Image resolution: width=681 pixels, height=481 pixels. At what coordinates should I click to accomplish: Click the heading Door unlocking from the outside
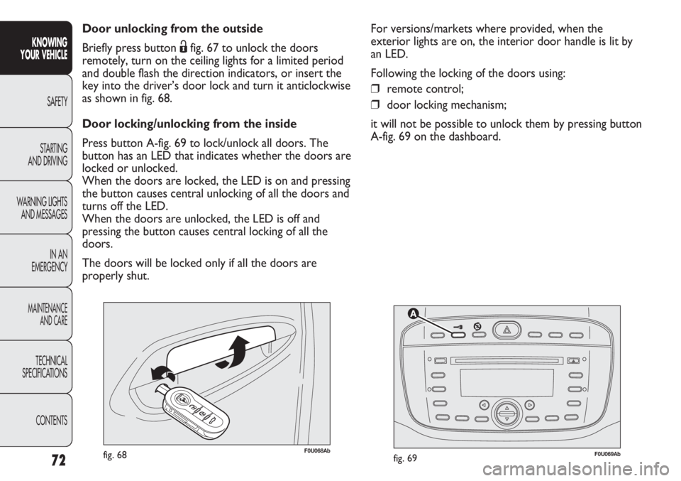[172, 28]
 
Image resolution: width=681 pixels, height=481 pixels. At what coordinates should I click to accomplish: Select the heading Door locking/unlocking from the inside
[189, 124]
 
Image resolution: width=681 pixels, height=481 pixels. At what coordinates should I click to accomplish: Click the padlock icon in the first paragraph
[183, 47]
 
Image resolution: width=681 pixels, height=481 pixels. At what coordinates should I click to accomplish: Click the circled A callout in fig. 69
[414, 313]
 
